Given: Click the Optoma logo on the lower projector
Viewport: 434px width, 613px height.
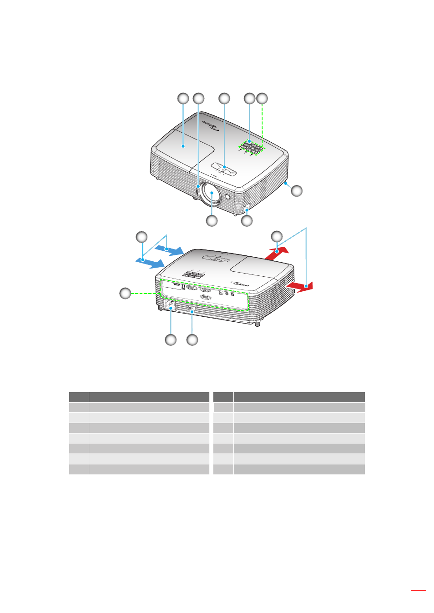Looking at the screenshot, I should pos(240,283).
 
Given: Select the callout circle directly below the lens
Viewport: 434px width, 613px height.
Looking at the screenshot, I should pos(212,221).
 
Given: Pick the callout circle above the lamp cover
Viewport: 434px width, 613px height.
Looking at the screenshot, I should pos(183,99).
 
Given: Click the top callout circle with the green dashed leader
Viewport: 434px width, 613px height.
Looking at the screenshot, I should pos(262,99).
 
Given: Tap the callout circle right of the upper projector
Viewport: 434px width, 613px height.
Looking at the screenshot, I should pos(297,190).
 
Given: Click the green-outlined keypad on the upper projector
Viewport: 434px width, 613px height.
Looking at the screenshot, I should pos(251,147).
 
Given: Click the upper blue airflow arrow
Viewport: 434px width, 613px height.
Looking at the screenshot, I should pos(169,249).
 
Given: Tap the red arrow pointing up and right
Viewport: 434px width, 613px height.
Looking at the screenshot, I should pos(276,253).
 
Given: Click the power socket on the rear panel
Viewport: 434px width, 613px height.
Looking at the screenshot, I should pos(170,305).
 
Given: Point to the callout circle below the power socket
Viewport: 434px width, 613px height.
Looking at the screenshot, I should pos(171,340).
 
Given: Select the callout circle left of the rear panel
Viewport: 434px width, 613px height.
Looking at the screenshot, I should pos(125,294).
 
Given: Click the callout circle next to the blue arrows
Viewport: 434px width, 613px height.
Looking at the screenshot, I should pos(142,237).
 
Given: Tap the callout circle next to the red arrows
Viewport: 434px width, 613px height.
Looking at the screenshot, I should pos(277,236).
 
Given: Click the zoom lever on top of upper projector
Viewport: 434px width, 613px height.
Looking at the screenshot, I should pos(224,168).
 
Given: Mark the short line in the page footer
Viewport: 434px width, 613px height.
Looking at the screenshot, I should pos(418,591).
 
